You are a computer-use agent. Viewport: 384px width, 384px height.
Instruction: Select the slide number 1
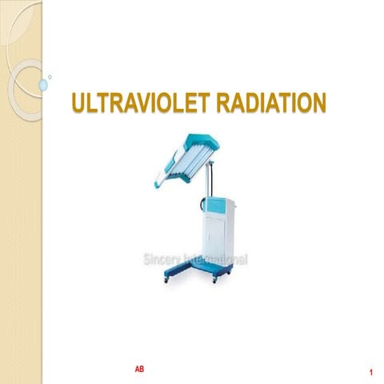pyautogui.click(x=372, y=374)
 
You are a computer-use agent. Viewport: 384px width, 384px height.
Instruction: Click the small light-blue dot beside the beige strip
pyautogui.click(x=50, y=78)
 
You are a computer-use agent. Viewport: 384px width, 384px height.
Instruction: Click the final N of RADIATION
pyautogui.click(x=318, y=103)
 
